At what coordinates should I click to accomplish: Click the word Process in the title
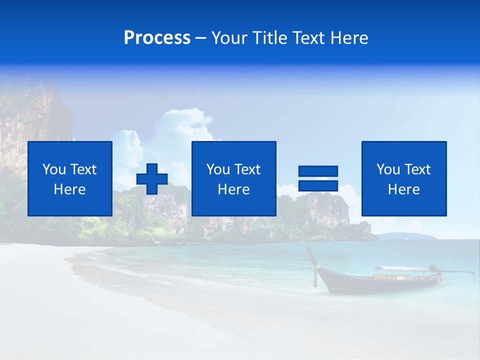pyautogui.click(x=157, y=38)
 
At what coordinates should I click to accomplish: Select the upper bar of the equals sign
pyautogui.click(x=318, y=171)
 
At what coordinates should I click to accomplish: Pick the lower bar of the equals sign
pyautogui.click(x=318, y=185)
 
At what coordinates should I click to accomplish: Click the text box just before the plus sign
pyautogui.click(x=70, y=178)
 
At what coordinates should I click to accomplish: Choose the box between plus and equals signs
pyautogui.click(x=233, y=178)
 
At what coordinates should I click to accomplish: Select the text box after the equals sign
pyautogui.click(x=404, y=178)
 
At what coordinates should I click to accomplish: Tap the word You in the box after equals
pyautogui.click(x=387, y=169)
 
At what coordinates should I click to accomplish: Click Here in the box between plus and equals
pyautogui.click(x=233, y=189)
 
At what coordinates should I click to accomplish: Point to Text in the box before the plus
pyautogui.click(x=84, y=169)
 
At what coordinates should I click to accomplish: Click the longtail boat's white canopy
pyautogui.click(x=398, y=269)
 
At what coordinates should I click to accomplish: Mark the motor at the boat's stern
pyautogui.click(x=433, y=268)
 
